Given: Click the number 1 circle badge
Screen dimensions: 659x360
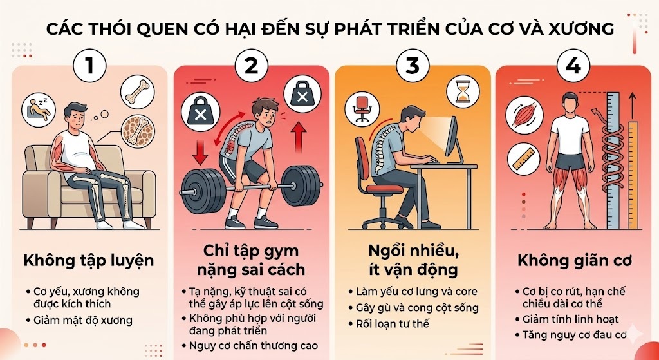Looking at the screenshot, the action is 89,66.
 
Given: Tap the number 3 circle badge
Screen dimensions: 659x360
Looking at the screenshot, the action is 413,66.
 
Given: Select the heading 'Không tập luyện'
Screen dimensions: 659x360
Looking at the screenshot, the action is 89,261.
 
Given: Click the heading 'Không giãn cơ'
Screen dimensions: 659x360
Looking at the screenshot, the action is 575,261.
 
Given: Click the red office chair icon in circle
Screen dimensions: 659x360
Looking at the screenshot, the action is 362,109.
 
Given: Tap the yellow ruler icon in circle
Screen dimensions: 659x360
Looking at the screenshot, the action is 523,160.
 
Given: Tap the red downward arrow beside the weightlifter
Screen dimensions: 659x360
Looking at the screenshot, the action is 200,152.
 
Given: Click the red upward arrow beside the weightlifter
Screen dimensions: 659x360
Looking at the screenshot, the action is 299,137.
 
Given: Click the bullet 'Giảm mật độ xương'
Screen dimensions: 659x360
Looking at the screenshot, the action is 83,321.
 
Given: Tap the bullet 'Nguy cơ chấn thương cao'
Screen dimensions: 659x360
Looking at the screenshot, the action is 254,346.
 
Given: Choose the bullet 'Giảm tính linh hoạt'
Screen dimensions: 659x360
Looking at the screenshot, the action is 571,319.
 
